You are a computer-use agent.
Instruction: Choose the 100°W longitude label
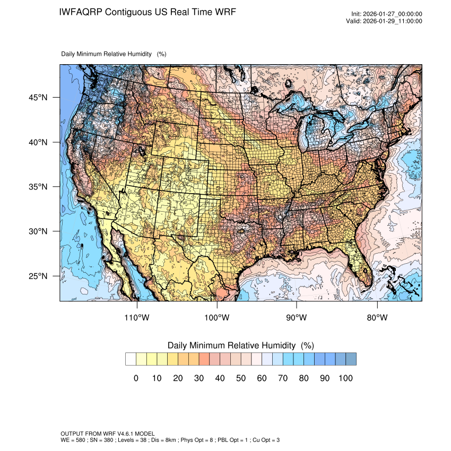217,318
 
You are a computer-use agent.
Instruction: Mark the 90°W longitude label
297,318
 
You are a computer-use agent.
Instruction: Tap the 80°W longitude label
377,318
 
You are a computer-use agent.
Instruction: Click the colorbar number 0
136,378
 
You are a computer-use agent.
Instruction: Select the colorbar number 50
240,378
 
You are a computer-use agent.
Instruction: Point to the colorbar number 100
345,378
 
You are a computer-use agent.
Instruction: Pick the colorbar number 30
198,378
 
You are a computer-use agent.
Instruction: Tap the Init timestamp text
387,14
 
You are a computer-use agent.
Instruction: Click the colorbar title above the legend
240,345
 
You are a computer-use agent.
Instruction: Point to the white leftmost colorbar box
131,359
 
